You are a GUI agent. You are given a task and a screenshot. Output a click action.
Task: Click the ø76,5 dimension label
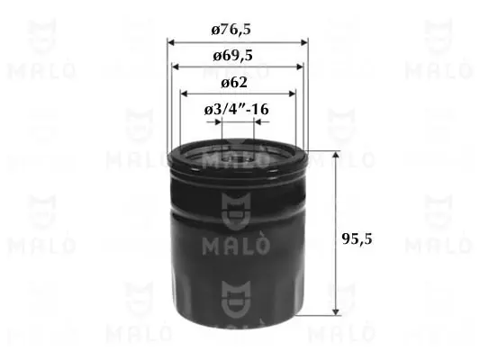click(231, 30)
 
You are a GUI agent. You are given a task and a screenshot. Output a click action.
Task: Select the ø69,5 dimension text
click(232, 56)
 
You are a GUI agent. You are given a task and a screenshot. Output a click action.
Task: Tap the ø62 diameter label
click(234, 82)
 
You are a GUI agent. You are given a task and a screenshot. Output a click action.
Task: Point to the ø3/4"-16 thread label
click(237, 109)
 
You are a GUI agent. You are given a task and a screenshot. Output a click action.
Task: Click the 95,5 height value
click(357, 238)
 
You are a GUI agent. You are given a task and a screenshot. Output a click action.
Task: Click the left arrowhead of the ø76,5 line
click(171, 42)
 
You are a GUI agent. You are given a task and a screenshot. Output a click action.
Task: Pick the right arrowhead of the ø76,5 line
click(304, 42)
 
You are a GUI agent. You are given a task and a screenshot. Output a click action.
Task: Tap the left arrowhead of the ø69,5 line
click(176, 67)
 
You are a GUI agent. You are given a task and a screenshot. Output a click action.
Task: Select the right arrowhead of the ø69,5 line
click(300, 67)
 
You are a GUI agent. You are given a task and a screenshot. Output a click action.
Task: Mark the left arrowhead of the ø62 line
click(184, 94)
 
